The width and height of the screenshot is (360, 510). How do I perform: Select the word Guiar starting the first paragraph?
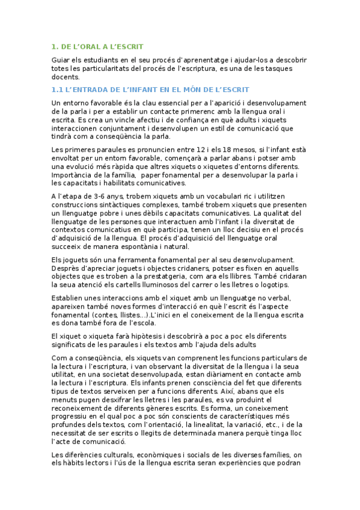coord(62,60)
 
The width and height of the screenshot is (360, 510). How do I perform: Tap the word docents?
coord(66,77)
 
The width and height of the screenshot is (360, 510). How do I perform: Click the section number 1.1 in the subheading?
coord(57,90)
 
